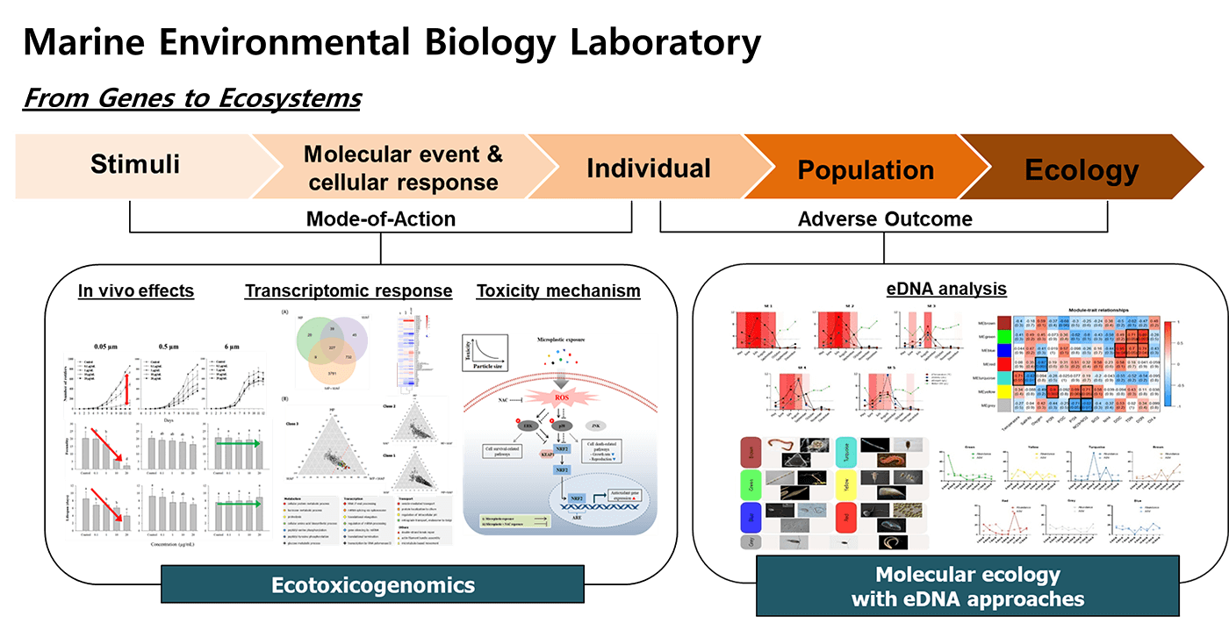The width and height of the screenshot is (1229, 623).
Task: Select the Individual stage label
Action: pyautogui.click(x=648, y=168)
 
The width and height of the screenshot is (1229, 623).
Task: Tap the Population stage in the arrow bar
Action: pyautogui.click(x=865, y=168)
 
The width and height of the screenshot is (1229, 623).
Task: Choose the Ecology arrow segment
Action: pyautogui.click(x=1082, y=168)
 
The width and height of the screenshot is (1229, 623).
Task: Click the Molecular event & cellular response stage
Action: pyautogui.click(x=403, y=168)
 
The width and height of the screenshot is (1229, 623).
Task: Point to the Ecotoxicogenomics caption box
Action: pyautogui.click(x=372, y=584)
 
